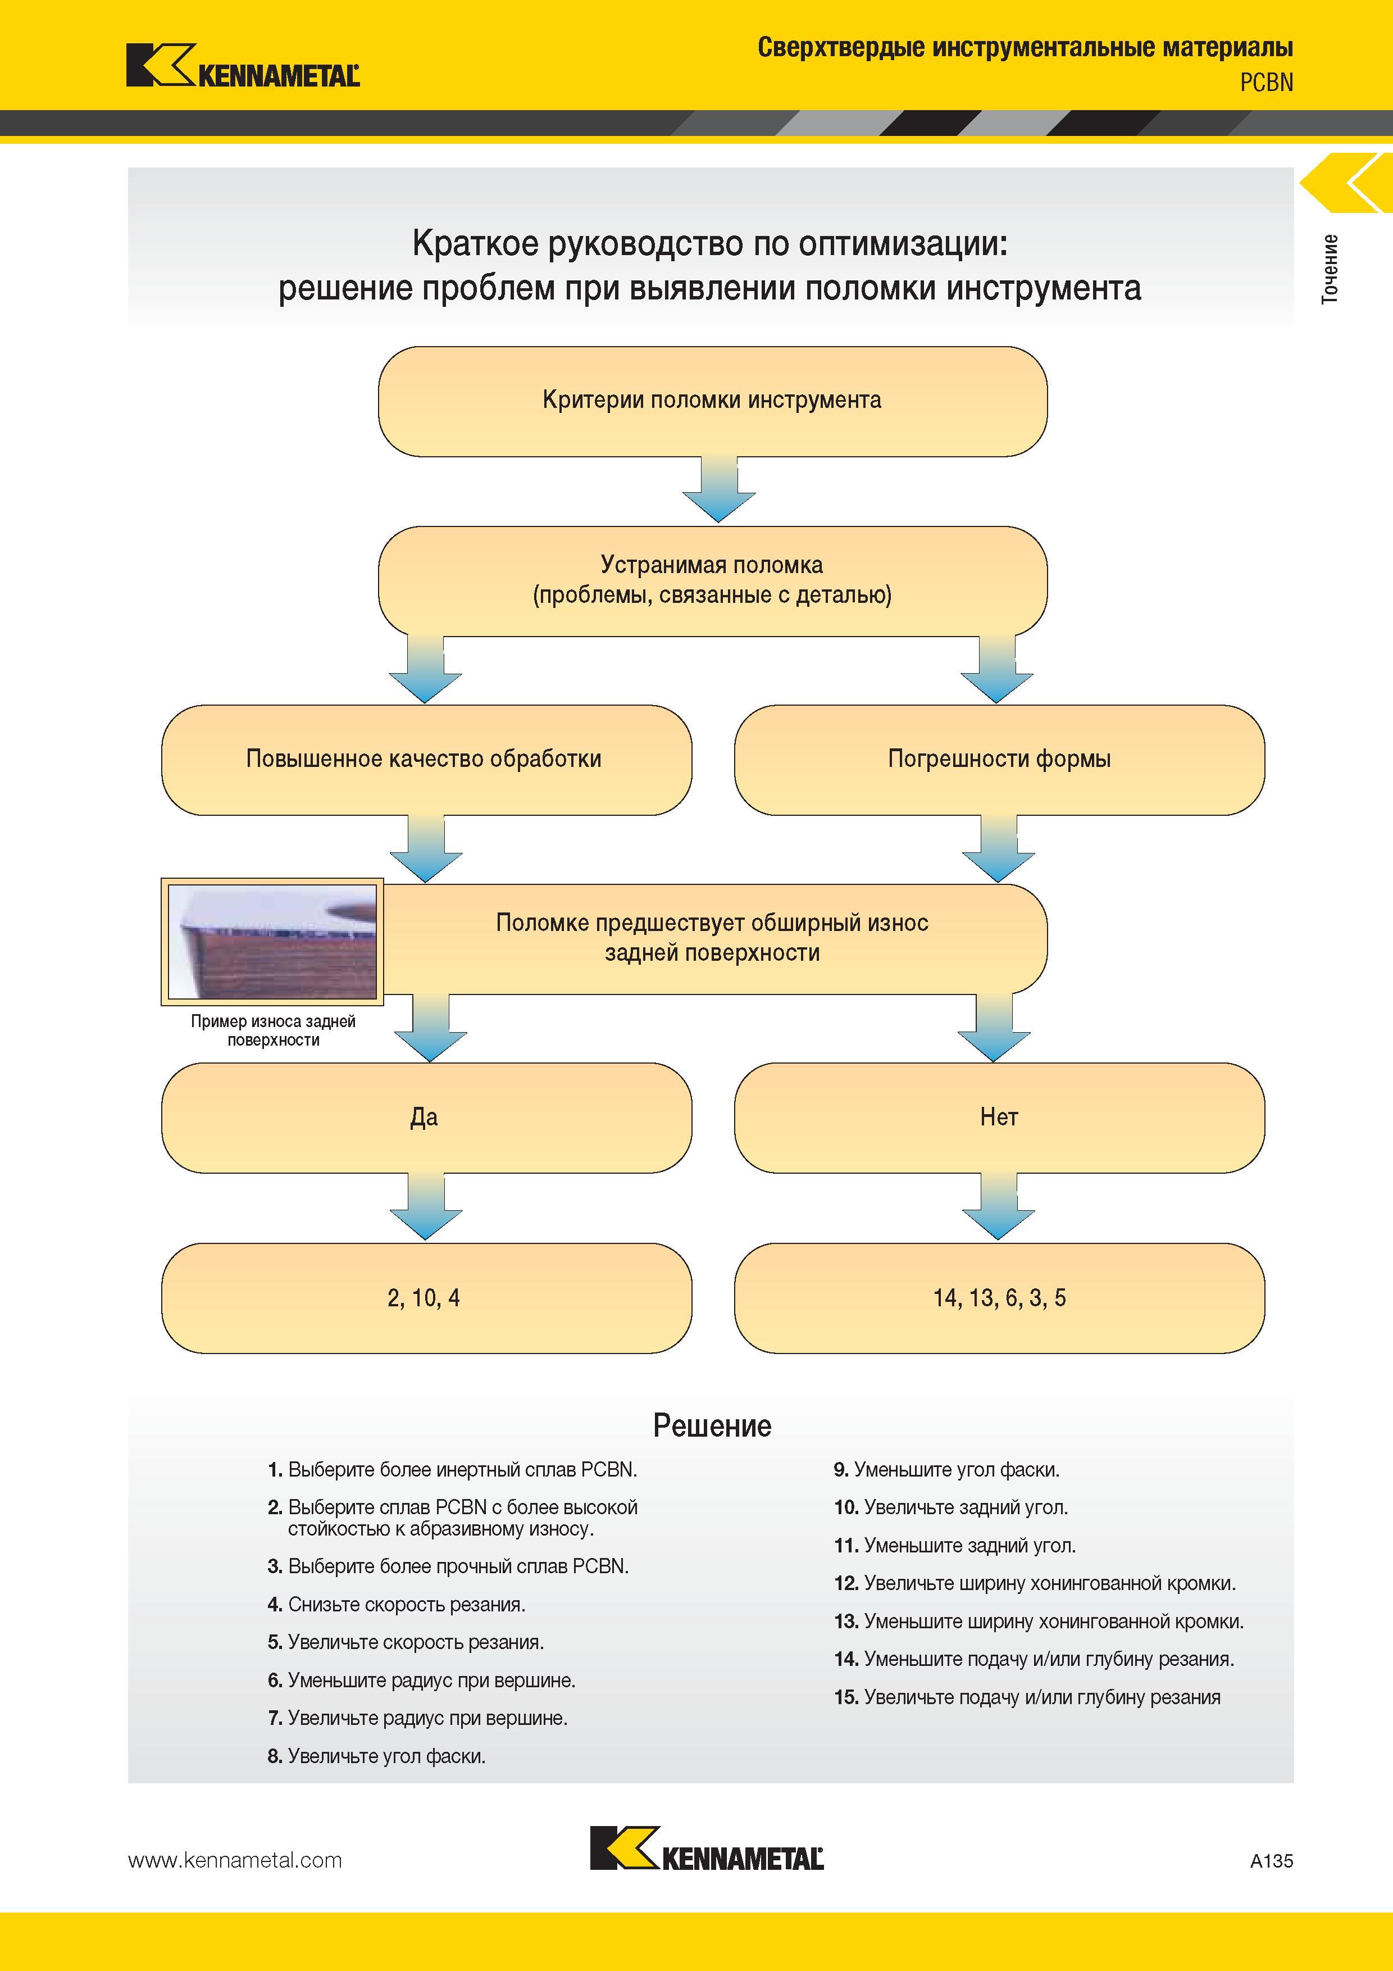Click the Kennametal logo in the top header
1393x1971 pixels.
pos(243,66)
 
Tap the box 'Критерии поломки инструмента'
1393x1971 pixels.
pos(712,401)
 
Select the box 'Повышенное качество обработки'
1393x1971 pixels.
pos(426,760)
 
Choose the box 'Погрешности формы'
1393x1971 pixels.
pos(999,760)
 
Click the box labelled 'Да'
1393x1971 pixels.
pos(426,1118)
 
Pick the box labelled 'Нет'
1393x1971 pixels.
pos(999,1118)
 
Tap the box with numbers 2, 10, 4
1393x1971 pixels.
pos(426,1298)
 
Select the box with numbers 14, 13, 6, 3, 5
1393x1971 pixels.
pos(999,1298)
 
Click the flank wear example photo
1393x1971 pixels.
pos(272,942)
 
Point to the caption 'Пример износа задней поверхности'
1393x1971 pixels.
pos(273,1030)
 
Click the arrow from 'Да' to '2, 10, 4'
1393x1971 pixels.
pos(426,1207)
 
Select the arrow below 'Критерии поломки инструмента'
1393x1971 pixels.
pos(718,489)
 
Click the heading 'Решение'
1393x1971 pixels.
pos(712,1426)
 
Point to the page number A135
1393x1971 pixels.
pos(1271,1861)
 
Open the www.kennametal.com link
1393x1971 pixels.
pos(235,1860)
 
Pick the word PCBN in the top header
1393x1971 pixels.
pos(1266,83)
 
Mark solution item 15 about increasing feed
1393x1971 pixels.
pos(1027,1697)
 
